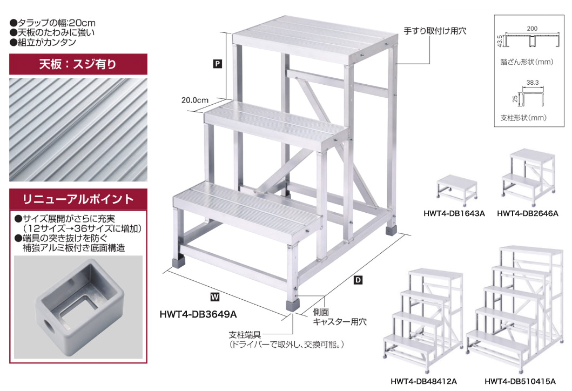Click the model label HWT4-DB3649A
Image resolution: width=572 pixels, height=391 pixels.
click(199, 313)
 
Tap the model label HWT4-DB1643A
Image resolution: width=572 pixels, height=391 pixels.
click(454, 213)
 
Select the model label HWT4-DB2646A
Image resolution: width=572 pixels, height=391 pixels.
click(527, 213)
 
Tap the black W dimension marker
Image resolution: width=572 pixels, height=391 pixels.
click(215, 295)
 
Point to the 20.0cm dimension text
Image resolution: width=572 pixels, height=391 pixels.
click(195, 100)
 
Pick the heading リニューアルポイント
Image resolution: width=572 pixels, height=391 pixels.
click(78, 199)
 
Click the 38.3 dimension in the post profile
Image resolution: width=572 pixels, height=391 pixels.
click(533, 83)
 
